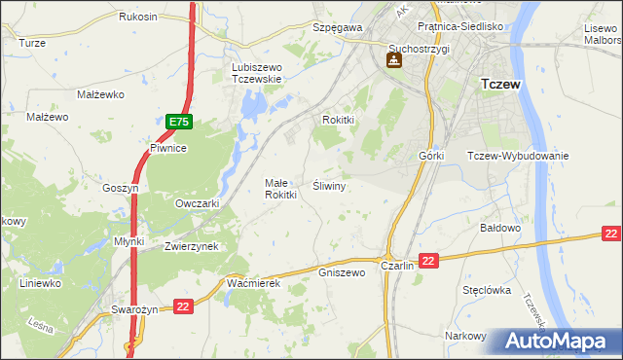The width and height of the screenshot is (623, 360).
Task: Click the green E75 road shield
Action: (178, 122)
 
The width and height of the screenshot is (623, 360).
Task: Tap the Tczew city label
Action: (500, 85)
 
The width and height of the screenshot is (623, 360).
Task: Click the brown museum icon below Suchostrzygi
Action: (395, 62)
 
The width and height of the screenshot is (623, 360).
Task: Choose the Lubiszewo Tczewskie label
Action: (256, 73)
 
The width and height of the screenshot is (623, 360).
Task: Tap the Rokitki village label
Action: (343, 120)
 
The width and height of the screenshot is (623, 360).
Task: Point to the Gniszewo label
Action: (341, 273)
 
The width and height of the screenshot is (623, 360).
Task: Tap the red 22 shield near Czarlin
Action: (430, 260)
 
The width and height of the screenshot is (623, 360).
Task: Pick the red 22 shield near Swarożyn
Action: (184, 307)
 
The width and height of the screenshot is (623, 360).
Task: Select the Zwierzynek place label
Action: (191, 247)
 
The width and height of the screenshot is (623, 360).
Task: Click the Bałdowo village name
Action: (502, 228)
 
